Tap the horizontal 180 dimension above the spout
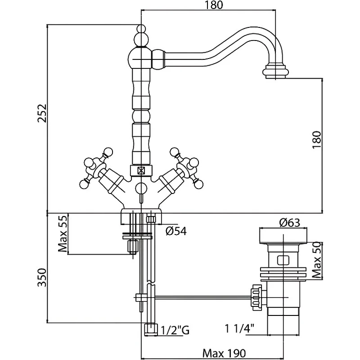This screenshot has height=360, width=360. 210,6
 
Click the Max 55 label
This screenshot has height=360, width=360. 63,234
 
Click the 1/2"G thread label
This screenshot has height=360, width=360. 175,331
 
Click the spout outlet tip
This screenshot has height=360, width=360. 275,72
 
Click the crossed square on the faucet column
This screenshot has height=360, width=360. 141,171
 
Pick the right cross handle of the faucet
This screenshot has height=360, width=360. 185,166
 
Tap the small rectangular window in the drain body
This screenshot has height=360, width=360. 283,260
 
